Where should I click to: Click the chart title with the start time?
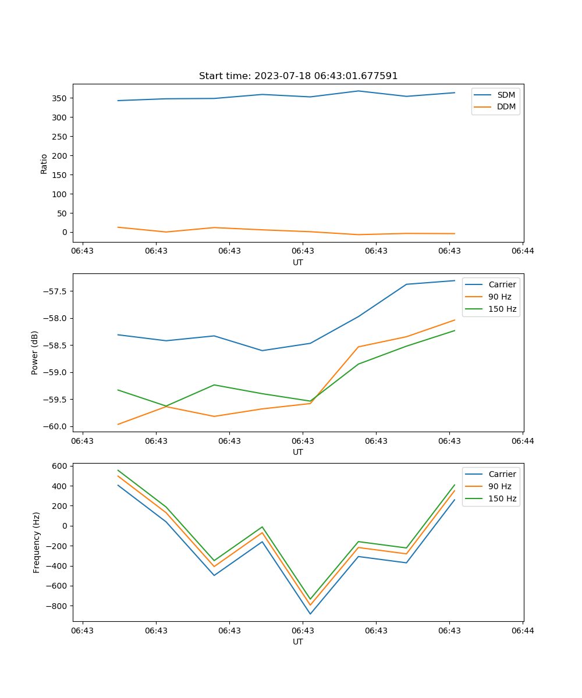[x=298, y=76]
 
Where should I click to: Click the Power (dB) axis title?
[x=35, y=352]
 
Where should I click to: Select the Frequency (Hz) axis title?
[x=36, y=542]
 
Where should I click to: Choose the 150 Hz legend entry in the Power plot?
[x=502, y=309]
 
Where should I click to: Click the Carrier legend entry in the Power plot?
[x=502, y=284]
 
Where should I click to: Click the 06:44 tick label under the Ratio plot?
[x=522, y=251]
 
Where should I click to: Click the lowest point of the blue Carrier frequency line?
[x=310, y=614]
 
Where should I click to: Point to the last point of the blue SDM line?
[x=455, y=92]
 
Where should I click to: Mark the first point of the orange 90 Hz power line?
[x=118, y=424]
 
